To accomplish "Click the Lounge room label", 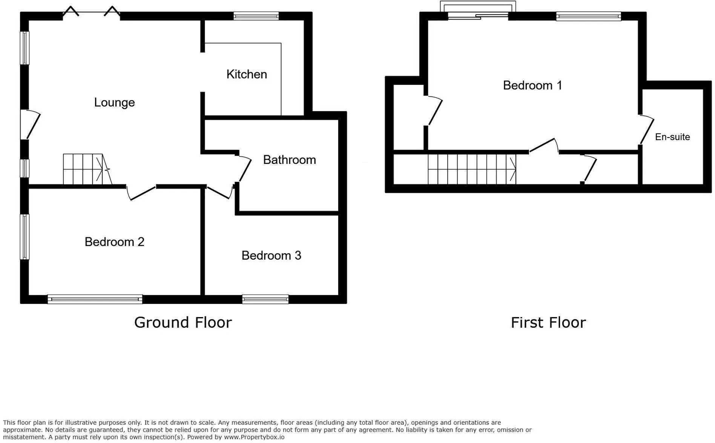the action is click(114, 102).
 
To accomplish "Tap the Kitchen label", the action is click(247, 74).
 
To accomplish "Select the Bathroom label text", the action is click(289, 160).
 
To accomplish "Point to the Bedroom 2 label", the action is click(114, 242).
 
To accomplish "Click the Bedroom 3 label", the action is click(271, 255).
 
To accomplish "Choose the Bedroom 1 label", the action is click(532, 85).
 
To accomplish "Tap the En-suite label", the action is click(672, 137).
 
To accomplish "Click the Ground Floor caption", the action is click(183, 322).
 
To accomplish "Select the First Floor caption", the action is click(548, 322).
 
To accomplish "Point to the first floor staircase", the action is click(472, 169).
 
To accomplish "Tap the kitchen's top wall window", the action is click(256, 16).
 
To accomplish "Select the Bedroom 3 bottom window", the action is click(265, 299).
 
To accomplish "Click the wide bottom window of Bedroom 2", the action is click(95, 299).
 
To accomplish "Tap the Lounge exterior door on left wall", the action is click(30, 124).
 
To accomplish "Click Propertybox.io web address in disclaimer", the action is click(254, 437).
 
